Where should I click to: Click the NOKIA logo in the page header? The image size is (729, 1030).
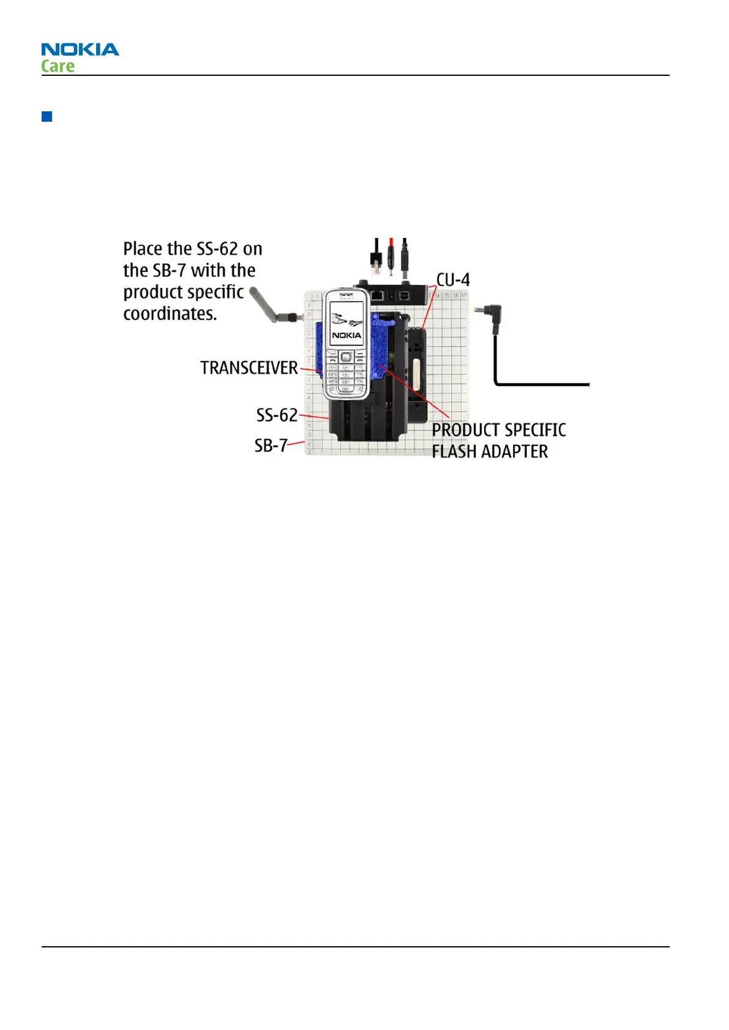tap(80, 50)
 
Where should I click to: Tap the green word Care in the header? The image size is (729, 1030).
tap(58, 66)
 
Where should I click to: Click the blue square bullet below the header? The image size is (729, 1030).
tap(47, 116)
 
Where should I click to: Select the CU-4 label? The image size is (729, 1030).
tap(453, 280)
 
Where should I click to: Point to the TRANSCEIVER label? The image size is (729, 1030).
tap(249, 368)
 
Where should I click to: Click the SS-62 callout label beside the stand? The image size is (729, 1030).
tap(277, 415)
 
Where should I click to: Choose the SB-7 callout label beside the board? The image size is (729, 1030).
tap(271, 445)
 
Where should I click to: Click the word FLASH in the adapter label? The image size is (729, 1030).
tap(454, 451)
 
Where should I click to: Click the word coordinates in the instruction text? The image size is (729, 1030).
tap(170, 314)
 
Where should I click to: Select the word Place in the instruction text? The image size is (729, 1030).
tap(143, 249)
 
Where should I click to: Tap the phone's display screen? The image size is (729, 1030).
tap(346, 322)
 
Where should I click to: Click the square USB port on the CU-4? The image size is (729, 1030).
tap(405, 295)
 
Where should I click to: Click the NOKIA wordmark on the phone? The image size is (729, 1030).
tap(346, 335)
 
